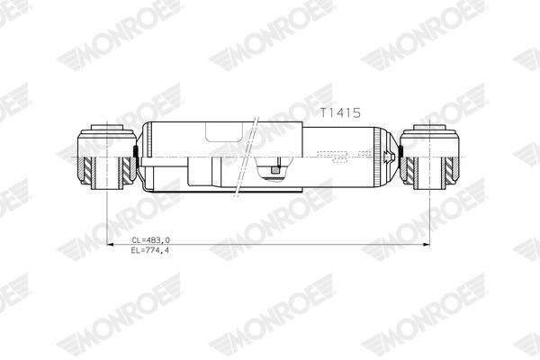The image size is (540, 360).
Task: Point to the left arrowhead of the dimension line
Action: point(110,244)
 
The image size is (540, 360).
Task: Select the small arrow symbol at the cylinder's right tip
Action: point(388,156)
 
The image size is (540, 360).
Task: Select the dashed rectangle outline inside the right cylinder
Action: point(334,156)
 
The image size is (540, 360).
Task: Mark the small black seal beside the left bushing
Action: point(137,152)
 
